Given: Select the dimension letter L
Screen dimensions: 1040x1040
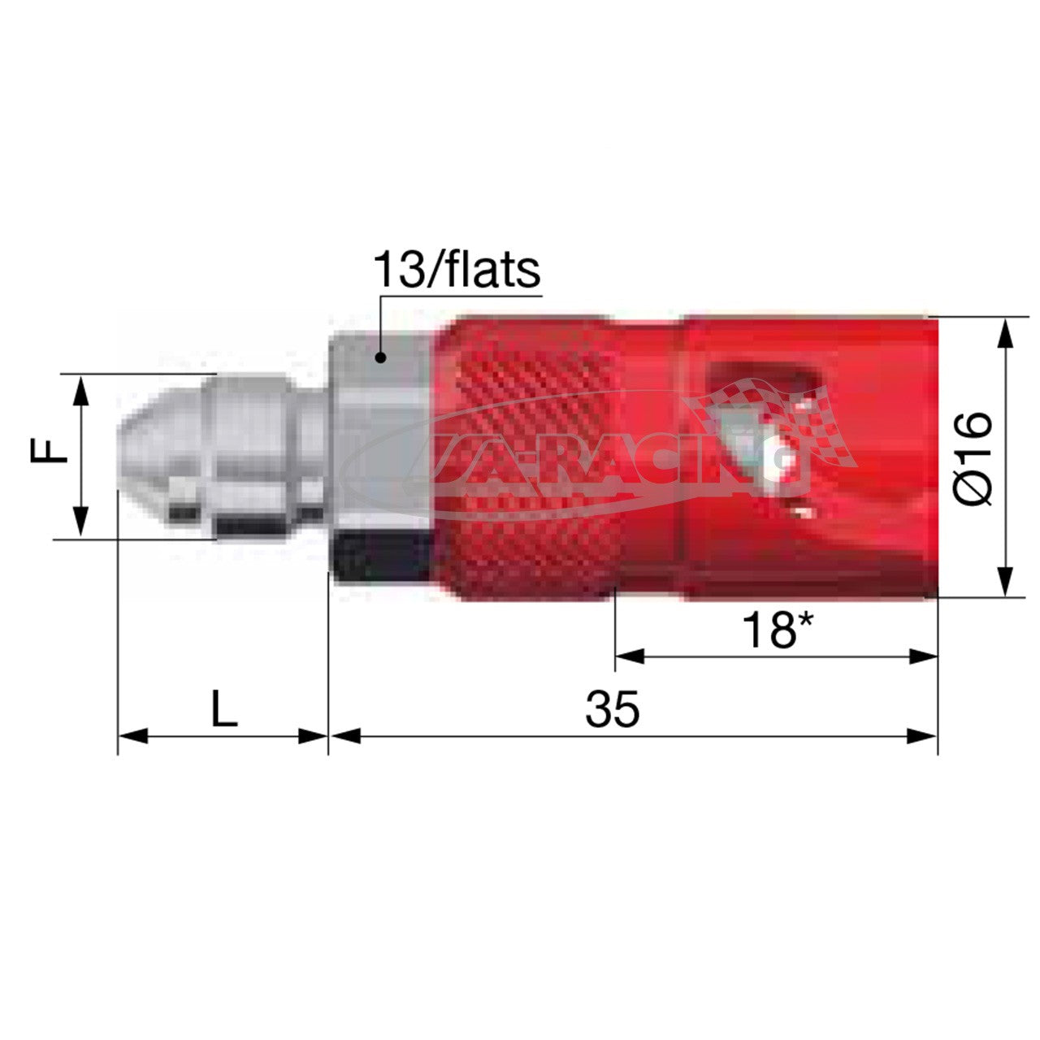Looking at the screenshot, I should [223, 709].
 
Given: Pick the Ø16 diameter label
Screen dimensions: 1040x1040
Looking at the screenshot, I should [973, 457].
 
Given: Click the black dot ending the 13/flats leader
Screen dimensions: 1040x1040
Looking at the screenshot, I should [379, 357].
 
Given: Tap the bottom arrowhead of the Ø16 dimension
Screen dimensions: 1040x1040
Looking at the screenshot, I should [1006, 582].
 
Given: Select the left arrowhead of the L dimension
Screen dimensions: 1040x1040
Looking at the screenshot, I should [132, 736].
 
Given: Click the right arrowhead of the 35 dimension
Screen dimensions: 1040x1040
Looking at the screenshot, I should [923, 736].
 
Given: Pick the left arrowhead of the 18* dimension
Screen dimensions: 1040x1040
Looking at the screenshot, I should [630, 656].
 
